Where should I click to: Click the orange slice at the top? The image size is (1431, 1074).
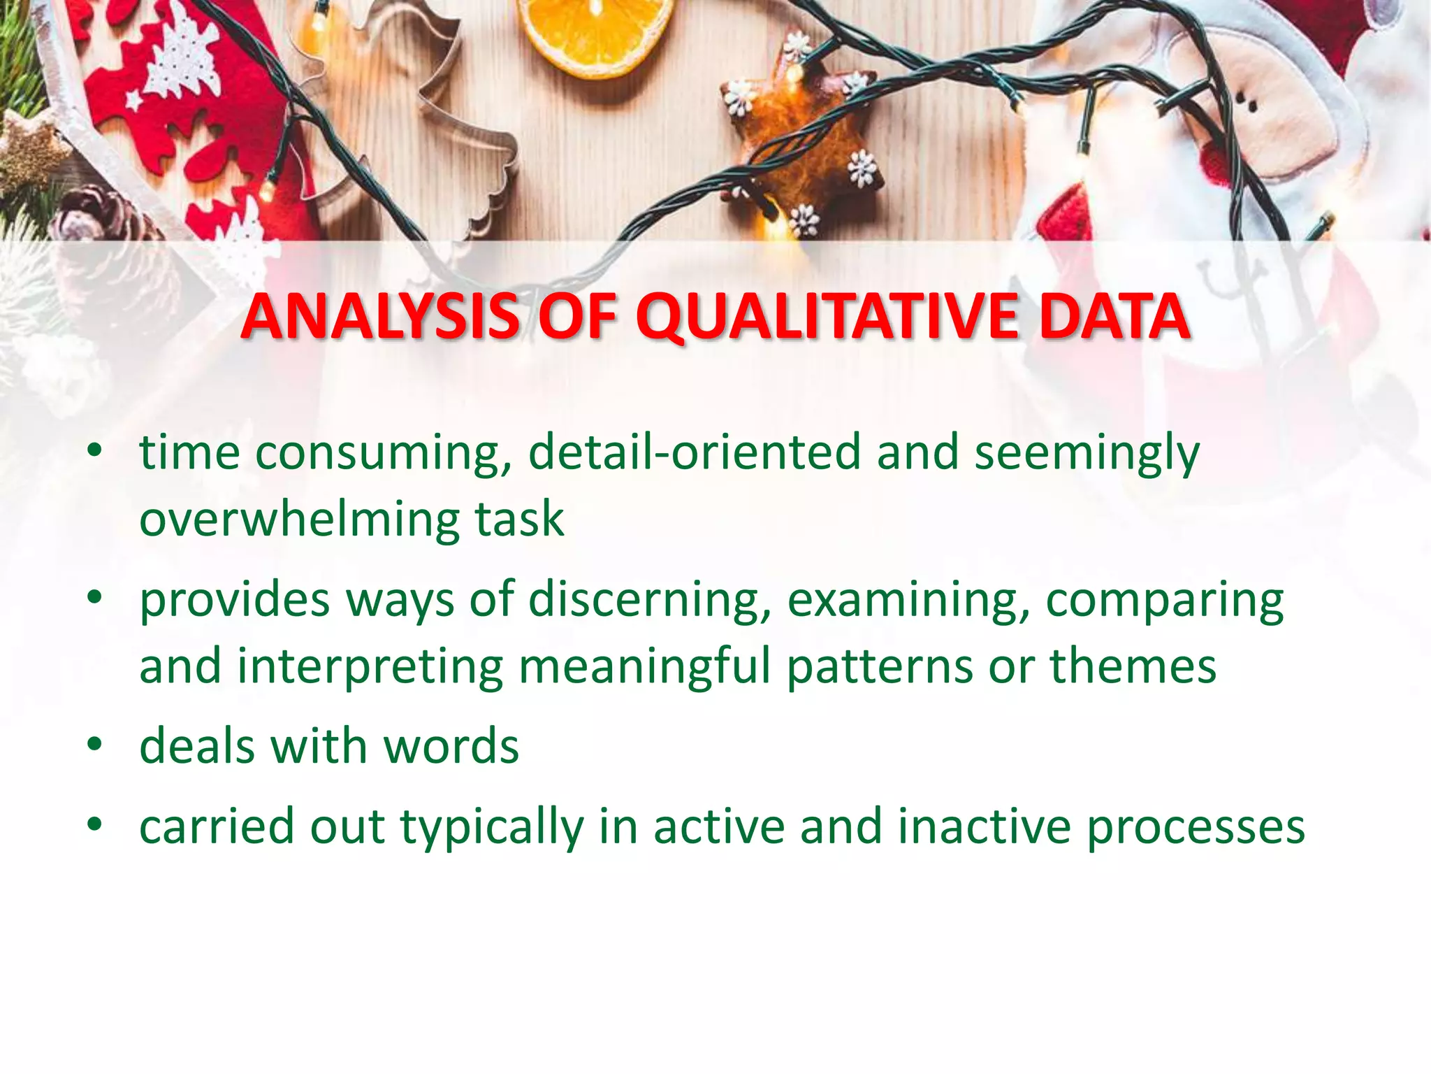point(594,31)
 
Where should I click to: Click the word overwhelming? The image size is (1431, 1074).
point(299,519)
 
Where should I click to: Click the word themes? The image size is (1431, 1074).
point(1133,665)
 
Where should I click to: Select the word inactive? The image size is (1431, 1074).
point(984,826)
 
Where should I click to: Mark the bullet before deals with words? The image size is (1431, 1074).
point(95,745)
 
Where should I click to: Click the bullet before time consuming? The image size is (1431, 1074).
point(95,452)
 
